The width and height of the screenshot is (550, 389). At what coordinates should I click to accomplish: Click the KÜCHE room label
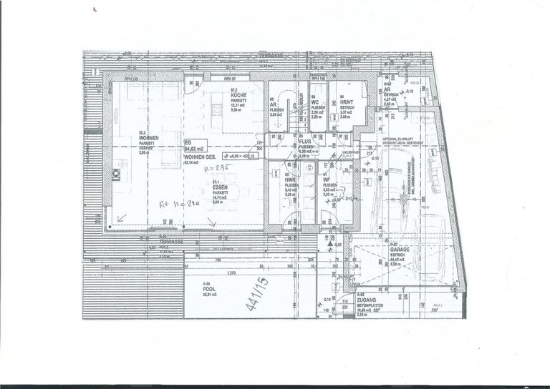pyautogui.click(x=239, y=95)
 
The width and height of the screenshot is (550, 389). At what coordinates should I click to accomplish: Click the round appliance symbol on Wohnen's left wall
pyautogui.click(x=116, y=174)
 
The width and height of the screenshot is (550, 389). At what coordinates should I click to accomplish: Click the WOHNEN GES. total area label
pyautogui.click(x=201, y=157)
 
